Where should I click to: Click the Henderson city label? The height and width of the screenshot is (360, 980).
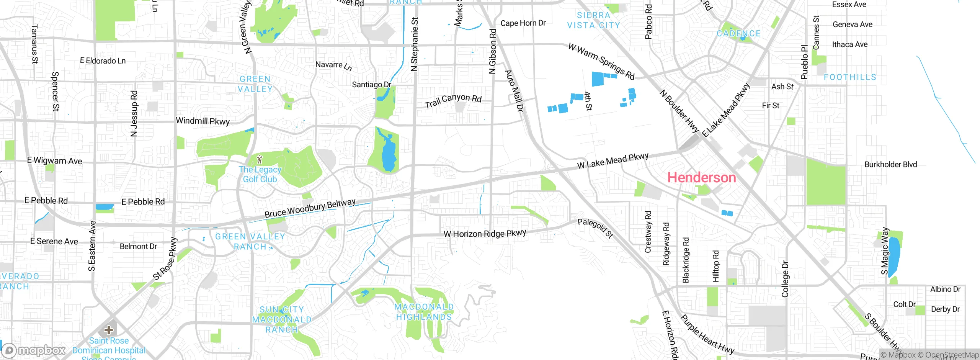tap(701, 178)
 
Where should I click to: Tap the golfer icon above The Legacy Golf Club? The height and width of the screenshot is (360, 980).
tap(260, 159)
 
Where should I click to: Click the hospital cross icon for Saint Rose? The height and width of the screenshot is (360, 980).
tap(109, 330)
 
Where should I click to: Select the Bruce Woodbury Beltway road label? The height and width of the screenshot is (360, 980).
tap(310, 208)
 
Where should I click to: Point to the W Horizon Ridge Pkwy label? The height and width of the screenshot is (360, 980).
tap(485, 233)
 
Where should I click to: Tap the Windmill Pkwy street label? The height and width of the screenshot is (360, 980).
tap(203, 121)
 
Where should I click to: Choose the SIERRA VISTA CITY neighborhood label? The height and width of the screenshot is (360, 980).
tap(593, 20)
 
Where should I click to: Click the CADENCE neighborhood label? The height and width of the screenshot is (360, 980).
tap(738, 34)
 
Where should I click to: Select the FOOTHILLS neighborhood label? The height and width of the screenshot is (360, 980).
tap(850, 77)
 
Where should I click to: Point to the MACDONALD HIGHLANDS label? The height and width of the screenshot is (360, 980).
tap(424, 312)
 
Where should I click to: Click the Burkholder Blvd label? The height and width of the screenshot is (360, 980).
tap(890, 165)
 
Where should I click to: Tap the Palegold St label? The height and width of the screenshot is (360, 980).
tap(595, 228)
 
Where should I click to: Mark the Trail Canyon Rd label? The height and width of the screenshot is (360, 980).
tap(453, 101)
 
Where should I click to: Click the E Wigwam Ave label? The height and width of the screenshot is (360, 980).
tap(54, 161)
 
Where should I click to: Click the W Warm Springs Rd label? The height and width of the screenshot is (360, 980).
tap(601, 61)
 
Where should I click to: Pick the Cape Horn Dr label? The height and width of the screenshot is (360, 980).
tap(523, 23)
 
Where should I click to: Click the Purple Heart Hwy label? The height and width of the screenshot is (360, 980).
tap(707, 334)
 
